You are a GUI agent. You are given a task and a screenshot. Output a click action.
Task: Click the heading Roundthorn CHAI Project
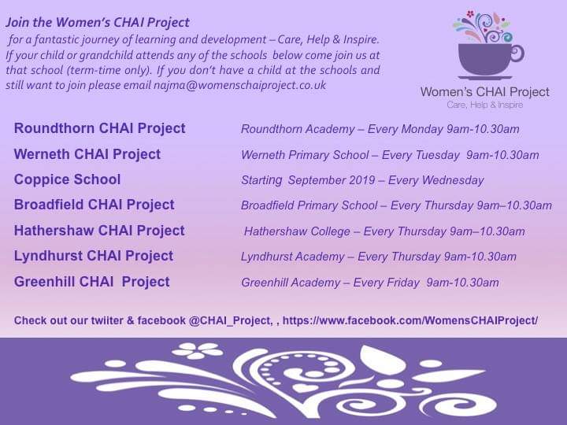pyautogui.click(x=99, y=128)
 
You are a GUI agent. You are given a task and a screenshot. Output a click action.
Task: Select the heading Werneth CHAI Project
pyautogui.click(x=87, y=154)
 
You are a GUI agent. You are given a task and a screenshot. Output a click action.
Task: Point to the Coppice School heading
pyautogui.click(x=67, y=179)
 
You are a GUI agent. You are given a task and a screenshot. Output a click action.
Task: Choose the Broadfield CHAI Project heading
pyautogui.click(x=94, y=205)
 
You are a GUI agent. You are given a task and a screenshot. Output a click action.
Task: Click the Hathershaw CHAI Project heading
pyautogui.click(x=99, y=231)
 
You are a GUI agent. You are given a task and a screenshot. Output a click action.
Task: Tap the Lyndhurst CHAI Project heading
pyautogui.click(x=93, y=256)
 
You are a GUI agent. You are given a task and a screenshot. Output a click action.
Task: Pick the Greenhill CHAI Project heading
pyautogui.click(x=91, y=282)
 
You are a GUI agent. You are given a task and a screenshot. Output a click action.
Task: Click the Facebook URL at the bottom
pyautogui.click(x=409, y=320)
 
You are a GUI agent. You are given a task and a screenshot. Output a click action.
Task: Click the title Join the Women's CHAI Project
pyautogui.click(x=98, y=23)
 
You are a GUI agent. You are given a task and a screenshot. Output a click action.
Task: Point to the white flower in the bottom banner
pyautogui.click(x=198, y=351)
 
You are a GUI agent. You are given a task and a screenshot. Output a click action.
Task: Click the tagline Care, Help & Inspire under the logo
pyautogui.click(x=484, y=105)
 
